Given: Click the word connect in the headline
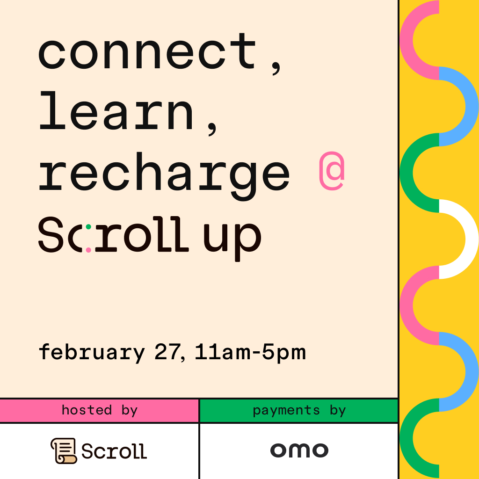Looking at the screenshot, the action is (x=147, y=51).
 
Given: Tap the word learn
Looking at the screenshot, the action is (x=116, y=110).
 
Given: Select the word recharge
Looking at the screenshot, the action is (x=164, y=176).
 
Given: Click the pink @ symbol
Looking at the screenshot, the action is (x=332, y=171).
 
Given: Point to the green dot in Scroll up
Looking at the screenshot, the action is (x=88, y=227).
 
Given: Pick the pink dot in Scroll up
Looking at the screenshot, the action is (x=88, y=250).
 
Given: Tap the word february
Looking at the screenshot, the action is (x=92, y=353).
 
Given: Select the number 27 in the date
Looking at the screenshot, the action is (x=167, y=352).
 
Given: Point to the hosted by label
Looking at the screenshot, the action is (x=100, y=410).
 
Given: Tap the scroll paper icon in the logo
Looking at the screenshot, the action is (x=64, y=450).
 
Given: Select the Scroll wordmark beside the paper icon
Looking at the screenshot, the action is (x=114, y=451).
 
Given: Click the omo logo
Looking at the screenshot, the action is (x=299, y=450).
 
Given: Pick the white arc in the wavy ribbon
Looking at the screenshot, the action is (x=472, y=239).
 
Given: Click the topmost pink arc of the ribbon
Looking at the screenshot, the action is (x=406, y=40).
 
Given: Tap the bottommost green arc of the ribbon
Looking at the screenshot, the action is (x=406, y=438).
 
